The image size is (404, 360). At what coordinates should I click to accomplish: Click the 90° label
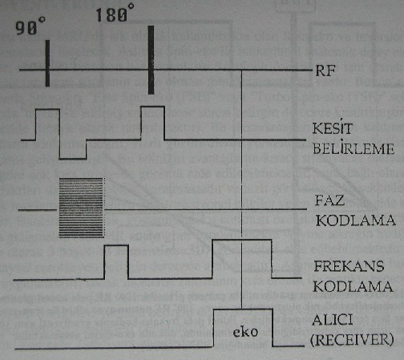(30, 26)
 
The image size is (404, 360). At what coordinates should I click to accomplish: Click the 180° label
(115, 13)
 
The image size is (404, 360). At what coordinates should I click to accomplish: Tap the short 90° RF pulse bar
(47, 63)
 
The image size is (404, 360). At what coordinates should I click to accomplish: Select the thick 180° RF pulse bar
(151, 60)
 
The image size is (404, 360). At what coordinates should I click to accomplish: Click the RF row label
(325, 71)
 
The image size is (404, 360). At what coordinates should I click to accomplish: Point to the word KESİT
(333, 127)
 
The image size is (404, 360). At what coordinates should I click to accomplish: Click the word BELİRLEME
(353, 148)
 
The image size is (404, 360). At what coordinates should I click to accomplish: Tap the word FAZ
(329, 200)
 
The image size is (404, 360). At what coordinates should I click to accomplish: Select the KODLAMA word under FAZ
(355, 220)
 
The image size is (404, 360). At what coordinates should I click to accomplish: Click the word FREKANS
(349, 266)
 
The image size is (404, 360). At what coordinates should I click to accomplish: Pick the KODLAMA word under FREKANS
(353, 286)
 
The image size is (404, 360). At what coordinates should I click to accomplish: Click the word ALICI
(332, 320)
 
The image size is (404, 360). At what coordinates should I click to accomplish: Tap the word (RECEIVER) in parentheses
(352, 340)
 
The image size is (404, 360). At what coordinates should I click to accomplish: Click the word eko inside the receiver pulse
(245, 332)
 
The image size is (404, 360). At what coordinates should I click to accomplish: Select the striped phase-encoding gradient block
(81, 208)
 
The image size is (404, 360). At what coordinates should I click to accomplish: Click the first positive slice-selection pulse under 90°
(47, 124)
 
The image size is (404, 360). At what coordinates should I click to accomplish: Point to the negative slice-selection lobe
(73, 149)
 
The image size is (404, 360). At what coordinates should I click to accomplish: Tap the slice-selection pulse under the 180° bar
(152, 123)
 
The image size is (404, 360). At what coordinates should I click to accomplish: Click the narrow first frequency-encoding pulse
(116, 262)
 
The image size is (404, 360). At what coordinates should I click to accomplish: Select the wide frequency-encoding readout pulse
(242, 259)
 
